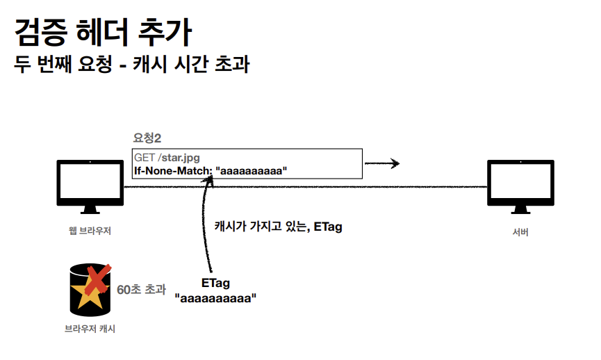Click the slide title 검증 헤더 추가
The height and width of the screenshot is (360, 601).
pos(104,32)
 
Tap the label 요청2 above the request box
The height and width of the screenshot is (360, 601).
pos(147,138)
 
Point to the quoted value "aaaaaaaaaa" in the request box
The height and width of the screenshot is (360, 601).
pos(251,170)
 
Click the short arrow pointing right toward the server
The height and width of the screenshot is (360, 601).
pos(382,164)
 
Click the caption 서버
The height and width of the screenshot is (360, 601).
pos(520,232)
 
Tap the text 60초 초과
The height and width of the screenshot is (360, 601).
pos(141,289)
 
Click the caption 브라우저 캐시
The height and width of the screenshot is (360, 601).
pos(90,329)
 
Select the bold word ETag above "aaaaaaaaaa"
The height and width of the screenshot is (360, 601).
pos(215,284)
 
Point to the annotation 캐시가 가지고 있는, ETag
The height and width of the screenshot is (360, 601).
pos(278,227)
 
